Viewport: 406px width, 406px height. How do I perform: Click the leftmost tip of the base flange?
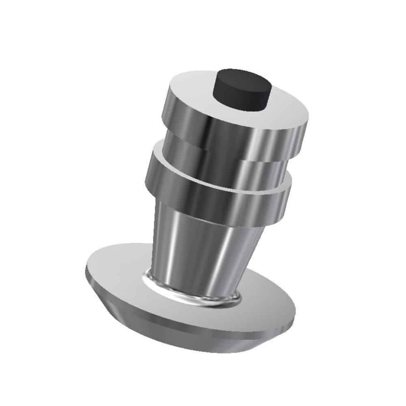tap(86, 271)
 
